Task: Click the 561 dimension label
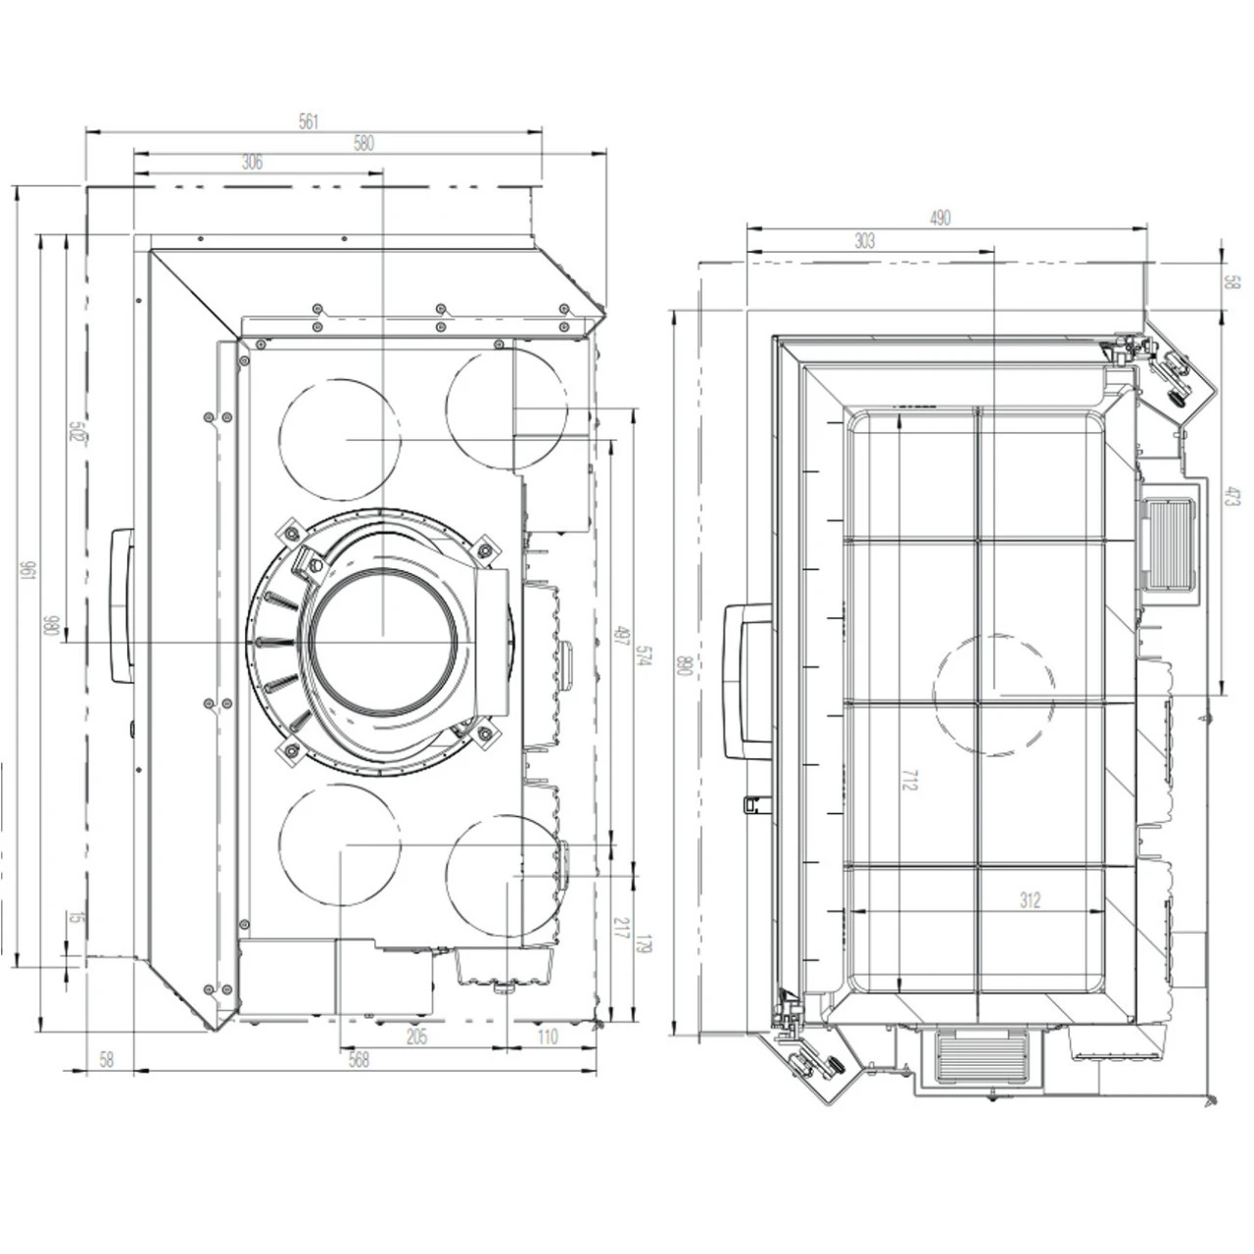tap(309, 121)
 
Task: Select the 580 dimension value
tap(363, 143)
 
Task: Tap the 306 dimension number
tap(252, 164)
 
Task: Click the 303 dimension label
tap(864, 241)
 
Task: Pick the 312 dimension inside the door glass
tap(1029, 900)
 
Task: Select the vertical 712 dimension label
tap(910, 780)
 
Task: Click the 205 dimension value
tap(416, 1037)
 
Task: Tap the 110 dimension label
tap(547, 1037)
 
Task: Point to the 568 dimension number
tap(360, 1060)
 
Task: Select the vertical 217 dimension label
tap(619, 929)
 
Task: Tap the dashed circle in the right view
tap(993, 694)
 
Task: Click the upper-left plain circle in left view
tap(340, 438)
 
